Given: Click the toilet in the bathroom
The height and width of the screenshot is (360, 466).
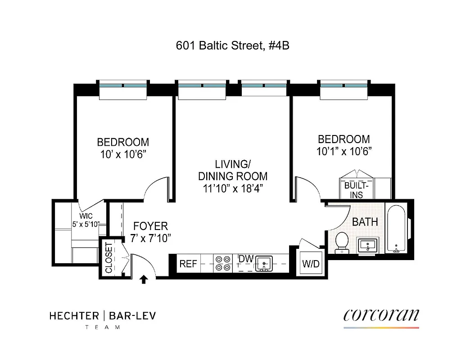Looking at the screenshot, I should pyautogui.click(x=342, y=241).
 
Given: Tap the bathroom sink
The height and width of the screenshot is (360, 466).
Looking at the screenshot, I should pyautogui.click(x=368, y=246).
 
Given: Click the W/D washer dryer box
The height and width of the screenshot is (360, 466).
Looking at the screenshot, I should pyautogui.click(x=311, y=263).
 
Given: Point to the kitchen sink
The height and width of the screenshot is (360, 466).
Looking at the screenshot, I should pyautogui.click(x=263, y=263).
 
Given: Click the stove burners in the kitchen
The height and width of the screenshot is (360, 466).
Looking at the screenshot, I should pyautogui.click(x=222, y=263).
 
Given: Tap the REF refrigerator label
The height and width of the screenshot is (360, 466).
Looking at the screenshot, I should pyautogui.click(x=188, y=264).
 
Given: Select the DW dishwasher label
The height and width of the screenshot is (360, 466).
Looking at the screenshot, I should pyautogui.click(x=246, y=259).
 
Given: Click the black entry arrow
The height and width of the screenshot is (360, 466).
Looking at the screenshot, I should pyautogui.click(x=144, y=280).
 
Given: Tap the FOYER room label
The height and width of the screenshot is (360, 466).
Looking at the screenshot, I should pyautogui.click(x=150, y=226).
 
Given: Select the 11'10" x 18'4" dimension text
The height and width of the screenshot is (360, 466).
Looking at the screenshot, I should pyautogui.click(x=233, y=188).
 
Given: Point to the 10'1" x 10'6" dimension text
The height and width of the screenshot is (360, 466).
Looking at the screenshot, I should pyautogui.click(x=344, y=151).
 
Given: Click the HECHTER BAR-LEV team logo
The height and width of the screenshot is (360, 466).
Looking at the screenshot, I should pyautogui.click(x=102, y=319).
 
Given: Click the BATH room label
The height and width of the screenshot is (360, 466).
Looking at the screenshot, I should pyautogui.click(x=365, y=222).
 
